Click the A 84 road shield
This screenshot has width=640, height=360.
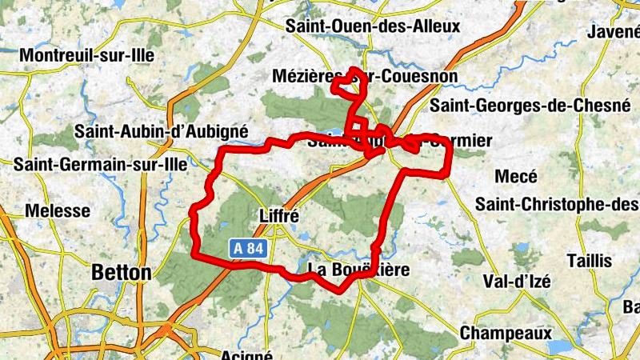coord(249,249)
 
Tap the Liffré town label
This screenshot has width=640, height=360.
coord(279,215)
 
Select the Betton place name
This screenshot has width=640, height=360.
coord(121,273)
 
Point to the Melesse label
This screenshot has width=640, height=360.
coord(58,211)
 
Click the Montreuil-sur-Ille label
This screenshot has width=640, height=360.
coord(86,55)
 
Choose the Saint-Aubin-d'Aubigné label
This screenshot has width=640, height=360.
coord(161,131)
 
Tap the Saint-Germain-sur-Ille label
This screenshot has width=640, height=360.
coord(100,164)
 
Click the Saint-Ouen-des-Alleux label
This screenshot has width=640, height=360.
coord(373,26)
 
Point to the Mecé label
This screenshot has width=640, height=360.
coord(516,177)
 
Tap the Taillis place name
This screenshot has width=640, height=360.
coord(589,261)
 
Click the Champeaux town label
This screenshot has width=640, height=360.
coord(506,332)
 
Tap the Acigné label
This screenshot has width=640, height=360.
coord(246,354)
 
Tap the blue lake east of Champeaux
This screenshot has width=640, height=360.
coord(559,346)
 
